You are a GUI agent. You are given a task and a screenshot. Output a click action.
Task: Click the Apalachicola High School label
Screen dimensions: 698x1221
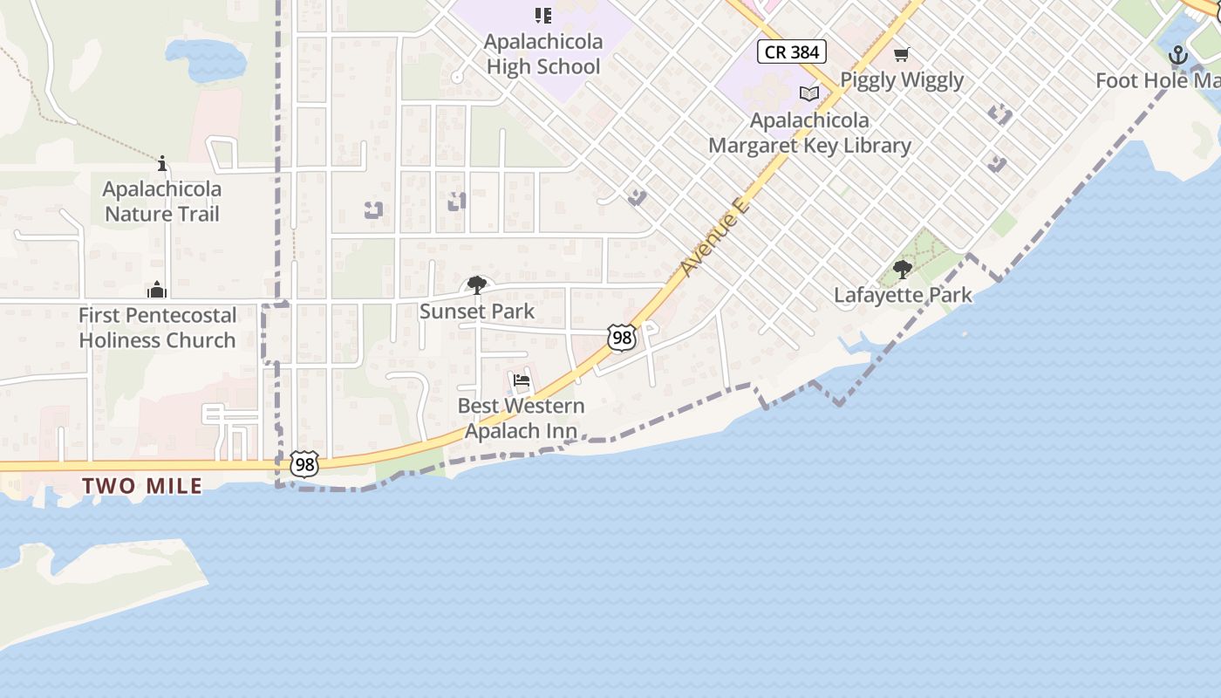point(543,54)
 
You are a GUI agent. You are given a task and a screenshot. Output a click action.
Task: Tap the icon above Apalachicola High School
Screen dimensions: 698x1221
point(543,15)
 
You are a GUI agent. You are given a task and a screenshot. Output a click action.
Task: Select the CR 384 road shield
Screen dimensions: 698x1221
point(791,51)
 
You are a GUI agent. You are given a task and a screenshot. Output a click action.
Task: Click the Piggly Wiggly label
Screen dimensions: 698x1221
point(902,80)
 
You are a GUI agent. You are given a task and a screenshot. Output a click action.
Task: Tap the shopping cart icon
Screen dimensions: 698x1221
point(902,54)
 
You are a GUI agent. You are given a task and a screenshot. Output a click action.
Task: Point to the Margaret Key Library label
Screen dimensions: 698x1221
point(809,133)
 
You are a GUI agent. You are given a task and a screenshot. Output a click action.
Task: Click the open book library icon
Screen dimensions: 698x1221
point(809,93)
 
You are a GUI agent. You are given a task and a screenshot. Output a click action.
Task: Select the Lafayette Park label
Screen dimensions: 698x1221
point(903,295)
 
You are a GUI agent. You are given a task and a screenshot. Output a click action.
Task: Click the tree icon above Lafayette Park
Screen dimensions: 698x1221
point(903,270)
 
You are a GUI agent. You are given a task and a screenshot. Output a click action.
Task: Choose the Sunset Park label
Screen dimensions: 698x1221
point(477,311)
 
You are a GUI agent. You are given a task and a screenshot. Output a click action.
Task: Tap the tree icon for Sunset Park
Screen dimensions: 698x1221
point(477,284)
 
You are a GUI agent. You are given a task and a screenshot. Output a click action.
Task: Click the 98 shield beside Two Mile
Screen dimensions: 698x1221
point(304,464)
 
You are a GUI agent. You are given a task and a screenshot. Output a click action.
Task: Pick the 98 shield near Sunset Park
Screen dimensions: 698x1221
point(622,339)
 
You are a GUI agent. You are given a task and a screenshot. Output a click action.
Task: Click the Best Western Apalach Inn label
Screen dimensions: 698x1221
point(522,418)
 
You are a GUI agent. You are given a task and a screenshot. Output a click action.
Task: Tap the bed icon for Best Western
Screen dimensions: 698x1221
point(522,380)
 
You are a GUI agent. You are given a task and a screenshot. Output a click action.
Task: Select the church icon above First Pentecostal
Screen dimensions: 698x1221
point(157,289)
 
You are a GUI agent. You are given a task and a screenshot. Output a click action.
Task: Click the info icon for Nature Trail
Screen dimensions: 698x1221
point(162,163)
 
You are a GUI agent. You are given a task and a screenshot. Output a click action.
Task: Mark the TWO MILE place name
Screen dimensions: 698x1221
point(142,486)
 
